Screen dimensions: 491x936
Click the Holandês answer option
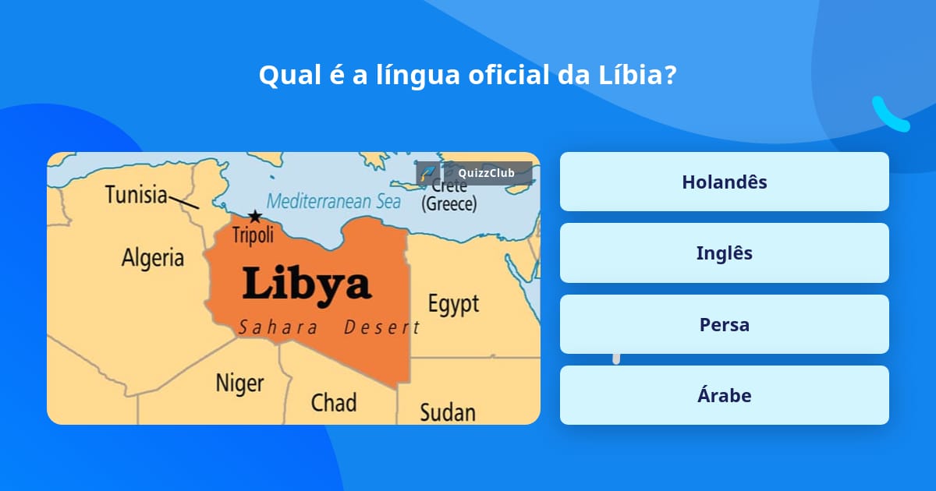click(x=724, y=182)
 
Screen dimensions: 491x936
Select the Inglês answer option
click(x=724, y=253)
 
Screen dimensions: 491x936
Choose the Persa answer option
click(x=724, y=324)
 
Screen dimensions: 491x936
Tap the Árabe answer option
click(x=724, y=395)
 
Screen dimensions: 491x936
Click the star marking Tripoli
click(x=254, y=217)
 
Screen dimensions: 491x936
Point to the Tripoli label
click(x=253, y=235)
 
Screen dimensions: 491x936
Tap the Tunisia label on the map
click(x=136, y=194)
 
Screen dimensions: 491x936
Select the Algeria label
click(x=153, y=257)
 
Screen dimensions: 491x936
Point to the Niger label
click(x=239, y=383)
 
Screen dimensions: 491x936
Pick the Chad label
click(x=334, y=402)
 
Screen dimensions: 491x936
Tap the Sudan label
click(x=448, y=411)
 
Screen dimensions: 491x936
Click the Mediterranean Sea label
click(x=334, y=201)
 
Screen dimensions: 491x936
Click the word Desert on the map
click(x=382, y=327)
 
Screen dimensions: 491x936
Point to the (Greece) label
click(x=448, y=204)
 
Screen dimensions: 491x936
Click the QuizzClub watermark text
click(x=486, y=173)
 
